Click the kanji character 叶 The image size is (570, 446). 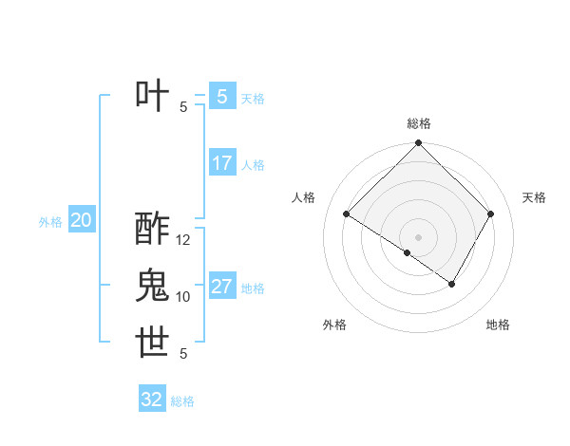[x=153, y=95]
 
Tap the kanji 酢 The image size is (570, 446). [x=153, y=229]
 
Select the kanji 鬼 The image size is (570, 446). [x=153, y=286]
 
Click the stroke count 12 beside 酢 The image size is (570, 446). [x=184, y=240]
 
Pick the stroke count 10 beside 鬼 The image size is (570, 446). [x=183, y=297]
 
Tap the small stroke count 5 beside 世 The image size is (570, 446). [x=183, y=354]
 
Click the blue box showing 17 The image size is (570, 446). [x=222, y=163]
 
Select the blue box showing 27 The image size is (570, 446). [x=222, y=287]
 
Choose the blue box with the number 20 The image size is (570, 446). [x=82, y=221]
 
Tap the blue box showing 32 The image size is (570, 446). [x=152, y=400]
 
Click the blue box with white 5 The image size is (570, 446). [x=222, y=96]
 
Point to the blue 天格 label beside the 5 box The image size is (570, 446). [x=253, y=98]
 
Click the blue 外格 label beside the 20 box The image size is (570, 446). [x=50, y=223]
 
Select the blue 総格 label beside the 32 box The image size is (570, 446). [x=182, y=401]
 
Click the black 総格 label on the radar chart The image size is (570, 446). [x=419, y=123]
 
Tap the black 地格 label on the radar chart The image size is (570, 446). [x=498, y=325]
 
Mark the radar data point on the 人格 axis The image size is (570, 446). [x=347, y=214]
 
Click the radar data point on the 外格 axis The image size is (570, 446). [x=408, y=252]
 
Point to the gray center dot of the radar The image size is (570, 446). [x=419, y=236]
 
